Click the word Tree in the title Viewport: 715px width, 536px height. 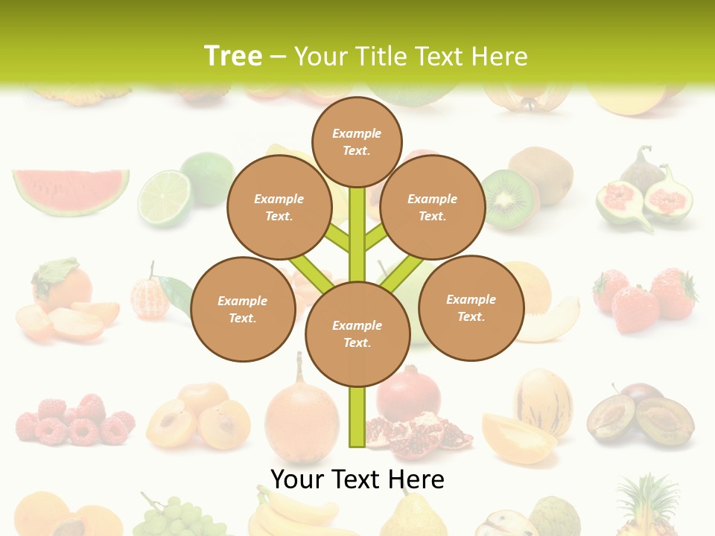tap(233, 56)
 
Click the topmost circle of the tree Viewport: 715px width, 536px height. tap(357, 141)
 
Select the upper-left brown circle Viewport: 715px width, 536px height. tap(279, 208)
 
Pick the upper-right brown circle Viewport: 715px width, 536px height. tap(433, 208)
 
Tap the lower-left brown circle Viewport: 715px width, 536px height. tap(243, 309)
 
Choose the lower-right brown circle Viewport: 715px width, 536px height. tap(471, 307)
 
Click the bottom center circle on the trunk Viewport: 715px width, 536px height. tap(357, 334)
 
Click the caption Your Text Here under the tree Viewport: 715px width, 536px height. tap(357, 479)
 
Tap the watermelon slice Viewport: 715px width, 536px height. tap(71, 191)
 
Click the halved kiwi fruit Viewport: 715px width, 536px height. tap(509, 198)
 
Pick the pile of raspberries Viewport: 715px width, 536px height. tap(74, 421)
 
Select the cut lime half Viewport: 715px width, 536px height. tap(165, 197)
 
